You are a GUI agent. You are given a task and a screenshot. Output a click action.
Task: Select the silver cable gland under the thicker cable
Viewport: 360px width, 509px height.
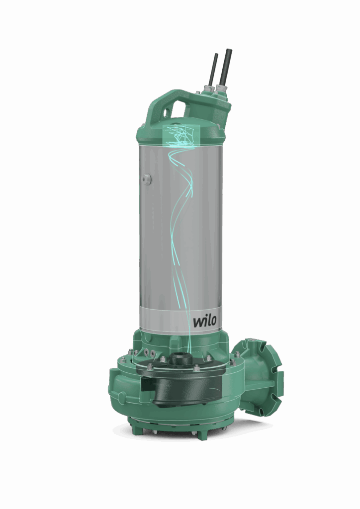point(221,91)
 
